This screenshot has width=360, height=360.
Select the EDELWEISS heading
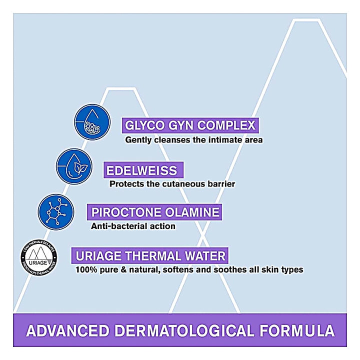click(141, 170)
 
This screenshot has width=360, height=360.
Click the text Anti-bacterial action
click(133, 226)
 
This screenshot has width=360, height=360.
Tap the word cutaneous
click(184, 183)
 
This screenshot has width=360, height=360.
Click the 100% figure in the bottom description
click(85, 270)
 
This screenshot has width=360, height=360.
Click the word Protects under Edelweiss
click(126, 183)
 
